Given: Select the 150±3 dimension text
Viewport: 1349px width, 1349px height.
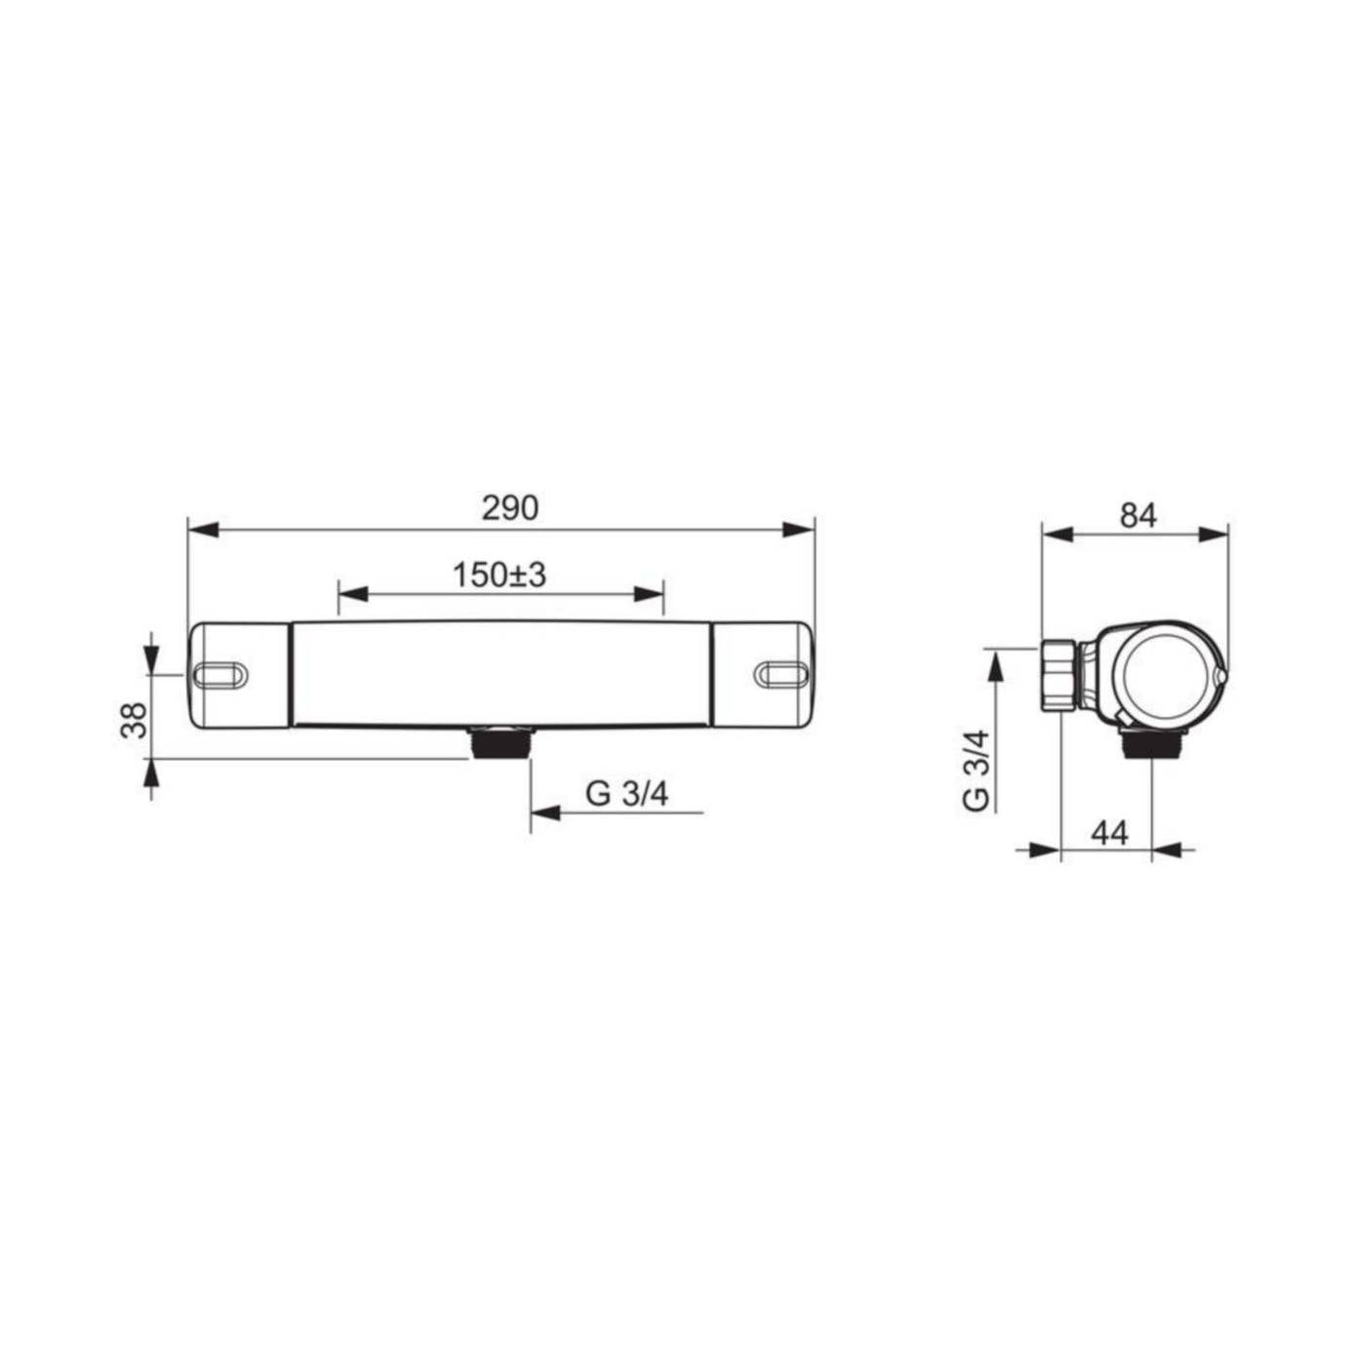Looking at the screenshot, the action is (498, 575).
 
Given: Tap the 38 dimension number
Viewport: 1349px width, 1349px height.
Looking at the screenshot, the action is (135, 720).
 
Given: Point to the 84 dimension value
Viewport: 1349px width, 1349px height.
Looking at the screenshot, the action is (1138, 515).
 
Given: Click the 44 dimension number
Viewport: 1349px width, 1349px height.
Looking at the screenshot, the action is (1110, 833).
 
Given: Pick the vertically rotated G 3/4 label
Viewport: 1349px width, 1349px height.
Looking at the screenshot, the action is (976, 770).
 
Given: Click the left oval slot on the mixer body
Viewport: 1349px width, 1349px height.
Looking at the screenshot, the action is (219, 673).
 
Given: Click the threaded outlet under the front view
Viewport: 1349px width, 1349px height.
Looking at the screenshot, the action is (501, 742).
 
